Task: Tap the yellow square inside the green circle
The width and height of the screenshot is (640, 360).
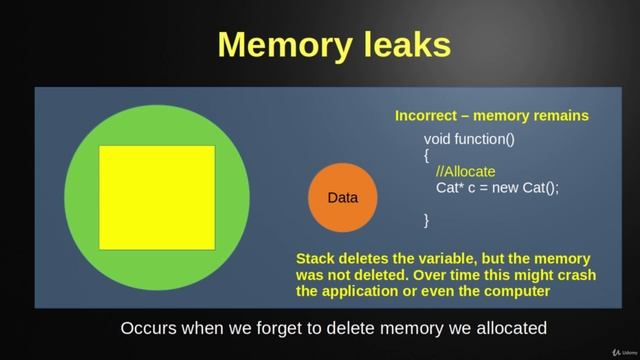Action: click(x=157, y=197)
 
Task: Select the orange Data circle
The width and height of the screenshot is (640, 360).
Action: click(x=343, y=198)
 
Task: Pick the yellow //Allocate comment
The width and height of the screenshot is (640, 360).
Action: click(x=466, y=171)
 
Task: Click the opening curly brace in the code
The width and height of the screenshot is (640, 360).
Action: click(x=427, y=155)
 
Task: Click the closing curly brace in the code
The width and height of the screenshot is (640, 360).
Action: click(x=427, y=219)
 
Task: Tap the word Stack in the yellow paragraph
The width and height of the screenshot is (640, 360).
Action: click(x=317, y=258)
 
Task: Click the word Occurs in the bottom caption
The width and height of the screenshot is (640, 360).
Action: click(x=150, y=327)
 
